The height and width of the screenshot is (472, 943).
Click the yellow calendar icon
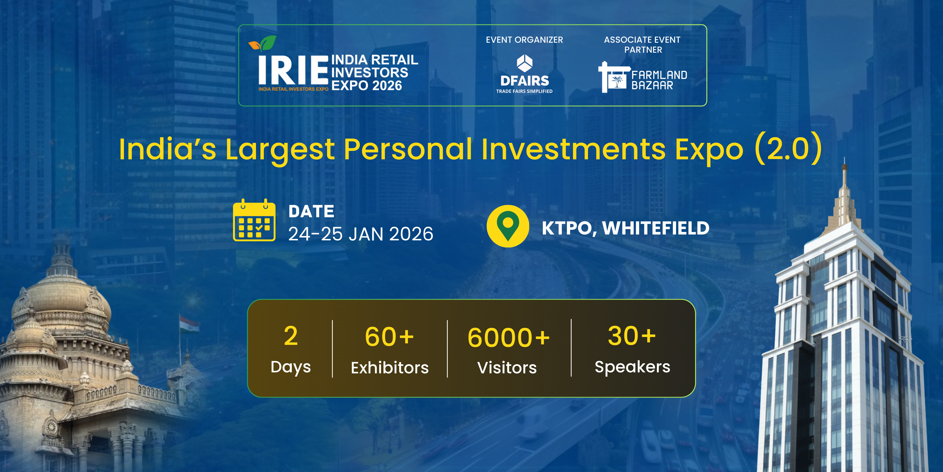(x=254, y=221)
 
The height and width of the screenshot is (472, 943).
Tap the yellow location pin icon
(x=508, y=226)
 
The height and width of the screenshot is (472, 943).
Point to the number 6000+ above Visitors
(x=508, y=337)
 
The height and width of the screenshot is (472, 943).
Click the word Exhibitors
(x=389, y=368)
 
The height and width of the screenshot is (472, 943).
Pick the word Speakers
(x=632, y=367)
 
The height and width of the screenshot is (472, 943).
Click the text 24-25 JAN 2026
(x=360, y=234)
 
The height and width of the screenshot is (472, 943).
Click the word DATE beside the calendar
(x=311, y=212)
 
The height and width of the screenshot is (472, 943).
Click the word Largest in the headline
(x=280, y=150)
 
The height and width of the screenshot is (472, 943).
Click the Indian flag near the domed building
(x=189, y=324)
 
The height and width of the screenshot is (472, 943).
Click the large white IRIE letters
(x=293, y=70)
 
